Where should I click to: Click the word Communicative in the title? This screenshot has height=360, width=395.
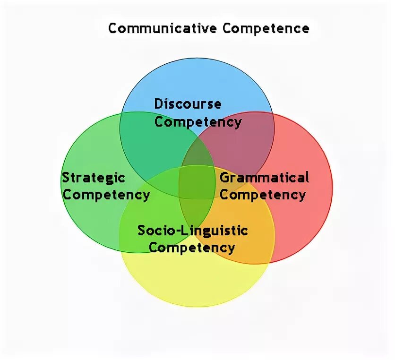coord(163,28)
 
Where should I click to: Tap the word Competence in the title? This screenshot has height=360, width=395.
coord(266,28)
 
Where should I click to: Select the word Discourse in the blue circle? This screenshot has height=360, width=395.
coord(188,104)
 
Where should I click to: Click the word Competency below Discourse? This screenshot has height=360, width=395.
coord(198,122)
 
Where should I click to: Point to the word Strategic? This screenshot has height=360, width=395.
coord(94,178)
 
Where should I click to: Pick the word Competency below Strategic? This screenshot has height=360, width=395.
coord(106,194)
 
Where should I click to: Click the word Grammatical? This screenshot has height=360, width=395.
coord(265,178)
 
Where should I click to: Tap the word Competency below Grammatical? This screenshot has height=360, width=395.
coord(263,194)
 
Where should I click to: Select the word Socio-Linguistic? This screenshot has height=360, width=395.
coord(192,231)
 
